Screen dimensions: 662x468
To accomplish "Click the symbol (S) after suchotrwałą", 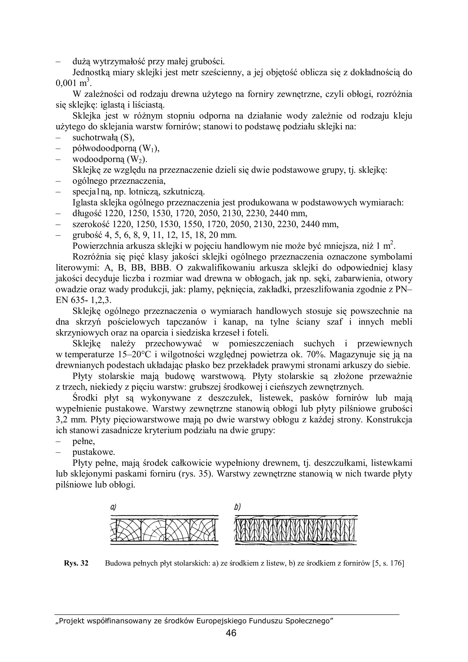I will tap(127, 138).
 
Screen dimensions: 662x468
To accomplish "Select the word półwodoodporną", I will tap(105, 148).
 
